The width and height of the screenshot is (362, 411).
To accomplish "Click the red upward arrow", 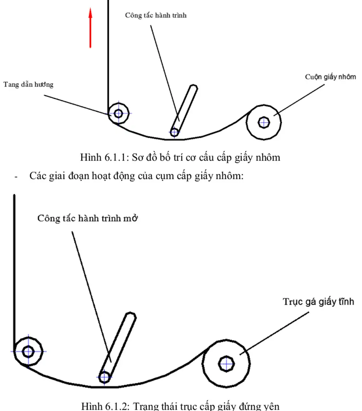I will pyautogui.click(x=90, y=29).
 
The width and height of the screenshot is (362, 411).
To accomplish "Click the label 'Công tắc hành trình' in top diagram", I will pyautogui.click(x=156, y=16).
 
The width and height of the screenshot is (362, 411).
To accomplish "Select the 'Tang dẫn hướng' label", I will pyautogui.click(x=29, y=84).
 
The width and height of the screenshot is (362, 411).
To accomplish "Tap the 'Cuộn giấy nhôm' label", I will pyautogui.click(x=330, y=76).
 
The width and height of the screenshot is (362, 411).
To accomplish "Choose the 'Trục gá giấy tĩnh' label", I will pyautogui.click(x=319, y=302).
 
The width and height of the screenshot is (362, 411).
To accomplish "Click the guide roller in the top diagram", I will pyautogui.click(x=118, y=113).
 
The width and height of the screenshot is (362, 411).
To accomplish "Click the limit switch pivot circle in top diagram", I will pyautogui.click(x=174, y=132).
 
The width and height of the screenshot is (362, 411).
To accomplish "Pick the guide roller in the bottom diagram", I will pyautogui.click(x=28, y=351).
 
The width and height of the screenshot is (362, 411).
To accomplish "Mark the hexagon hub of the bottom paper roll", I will pyautogui.click(x=227, y=363).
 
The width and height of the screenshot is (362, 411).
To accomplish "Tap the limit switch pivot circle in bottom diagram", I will pyautogui.click(x=104, y=378).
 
